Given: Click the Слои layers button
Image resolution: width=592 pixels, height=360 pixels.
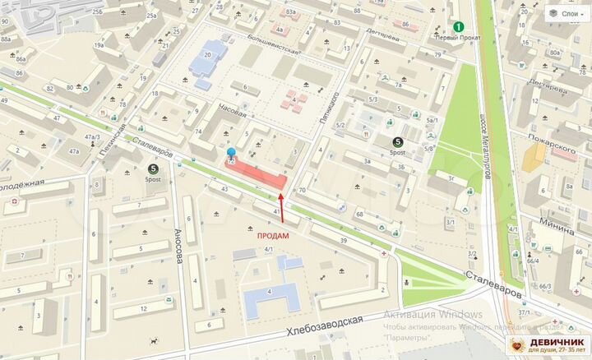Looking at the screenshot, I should point(562,13).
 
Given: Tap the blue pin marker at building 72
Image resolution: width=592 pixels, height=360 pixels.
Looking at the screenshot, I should point(231,154).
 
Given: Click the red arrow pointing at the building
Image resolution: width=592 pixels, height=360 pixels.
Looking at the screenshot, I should point(282,206).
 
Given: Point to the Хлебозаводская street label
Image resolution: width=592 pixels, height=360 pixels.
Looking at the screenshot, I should point(325,326).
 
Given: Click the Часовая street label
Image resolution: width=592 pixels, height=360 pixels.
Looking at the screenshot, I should point(233,110).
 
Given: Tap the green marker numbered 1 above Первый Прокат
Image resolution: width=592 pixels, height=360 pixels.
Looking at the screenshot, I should point(459,27).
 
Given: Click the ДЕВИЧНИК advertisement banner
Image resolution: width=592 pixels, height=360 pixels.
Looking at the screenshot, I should point(549,345).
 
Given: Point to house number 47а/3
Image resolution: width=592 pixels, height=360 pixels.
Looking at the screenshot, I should point(92,137).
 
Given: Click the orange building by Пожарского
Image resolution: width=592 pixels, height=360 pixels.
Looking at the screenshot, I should point(534,154).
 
